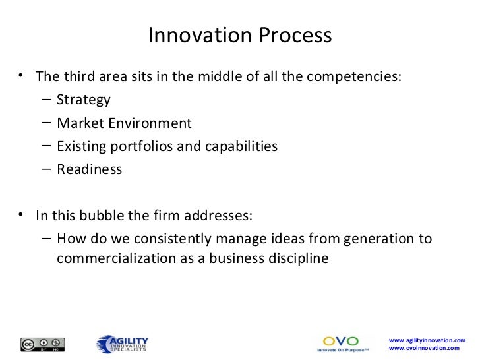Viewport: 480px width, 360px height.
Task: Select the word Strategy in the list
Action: (x=84, y=100)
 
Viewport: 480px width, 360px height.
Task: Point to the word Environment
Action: (x=150, y=123)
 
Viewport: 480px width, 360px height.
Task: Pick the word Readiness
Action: (x=89, y=169)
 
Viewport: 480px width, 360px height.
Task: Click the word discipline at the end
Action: (x=297, y=258)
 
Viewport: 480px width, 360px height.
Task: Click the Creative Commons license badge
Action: (x=44, y=344)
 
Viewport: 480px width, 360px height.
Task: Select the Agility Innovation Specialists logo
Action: (x=123, y=344)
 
